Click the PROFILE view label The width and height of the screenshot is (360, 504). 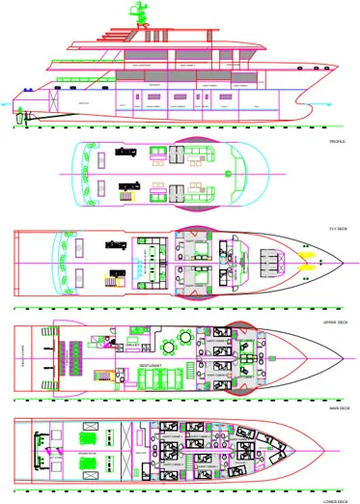pos(337,142)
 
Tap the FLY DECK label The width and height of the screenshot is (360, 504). pos(337,227)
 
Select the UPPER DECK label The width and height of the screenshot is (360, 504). pos(336,320)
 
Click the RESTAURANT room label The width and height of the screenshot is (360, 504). pos(150,366)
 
